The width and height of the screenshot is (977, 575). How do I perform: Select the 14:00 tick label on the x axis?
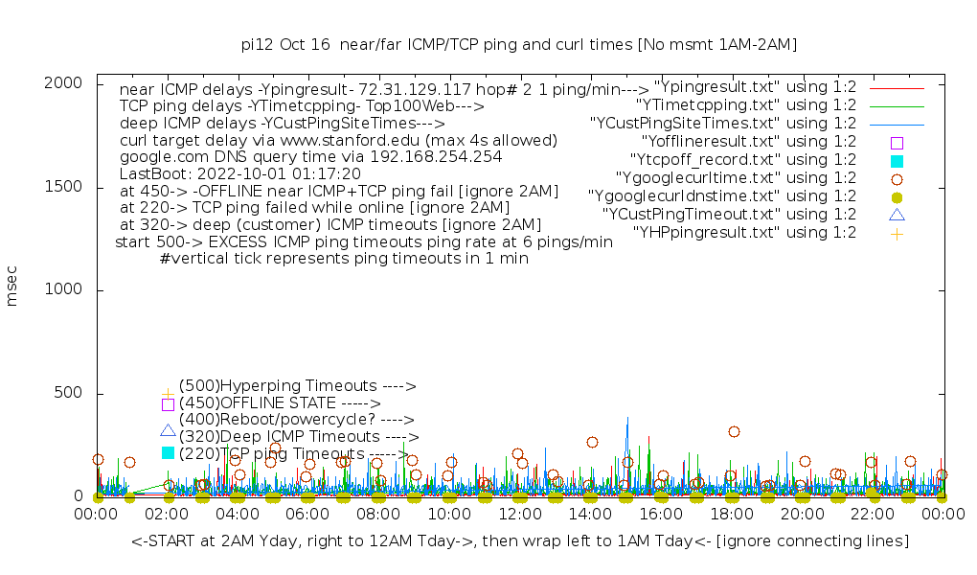[x=591, y=515]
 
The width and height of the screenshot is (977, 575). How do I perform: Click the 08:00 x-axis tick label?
[x=379, y=515]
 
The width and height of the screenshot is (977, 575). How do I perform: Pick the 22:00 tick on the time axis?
[x=873, y=515]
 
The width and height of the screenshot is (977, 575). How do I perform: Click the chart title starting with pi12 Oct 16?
[x=518, y=44]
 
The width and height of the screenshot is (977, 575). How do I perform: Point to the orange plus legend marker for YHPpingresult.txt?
[x=897, y=233]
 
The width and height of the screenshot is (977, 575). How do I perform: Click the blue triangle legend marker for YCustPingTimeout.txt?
[x=897, y=215]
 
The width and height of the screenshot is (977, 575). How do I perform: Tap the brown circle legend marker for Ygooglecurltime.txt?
[x=897, y=178]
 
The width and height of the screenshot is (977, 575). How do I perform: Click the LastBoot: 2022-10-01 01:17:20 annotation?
[x=239, y=174]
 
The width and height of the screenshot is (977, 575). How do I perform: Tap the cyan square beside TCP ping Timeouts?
[x=169, y=452]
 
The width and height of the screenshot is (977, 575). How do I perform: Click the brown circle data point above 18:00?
[x=734, y=431]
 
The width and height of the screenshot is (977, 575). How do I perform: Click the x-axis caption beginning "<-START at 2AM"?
[x=519, y=541]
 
